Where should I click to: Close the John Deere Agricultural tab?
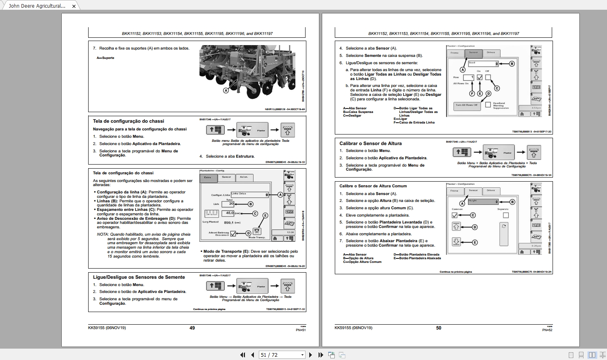point(74,6)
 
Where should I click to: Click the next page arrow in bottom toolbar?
point(311,355)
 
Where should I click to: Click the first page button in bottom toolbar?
point(243,355)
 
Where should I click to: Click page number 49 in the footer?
point(192,328)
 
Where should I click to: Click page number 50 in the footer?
point(438,328)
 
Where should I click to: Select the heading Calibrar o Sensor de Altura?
point(370,143)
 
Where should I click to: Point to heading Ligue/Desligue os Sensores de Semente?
point(139,277)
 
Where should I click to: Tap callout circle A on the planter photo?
point(226,91)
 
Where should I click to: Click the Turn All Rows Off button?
point(466,105)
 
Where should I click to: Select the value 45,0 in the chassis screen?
point(230,213)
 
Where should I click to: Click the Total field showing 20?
point(228,204)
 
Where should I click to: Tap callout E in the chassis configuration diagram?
point(265,215)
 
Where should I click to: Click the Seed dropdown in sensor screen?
point(483,63)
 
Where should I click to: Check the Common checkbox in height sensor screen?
point(455,215)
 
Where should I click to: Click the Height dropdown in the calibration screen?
point(483,202)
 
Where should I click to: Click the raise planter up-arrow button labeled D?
point(456,227)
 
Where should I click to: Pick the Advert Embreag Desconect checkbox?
point(233,234)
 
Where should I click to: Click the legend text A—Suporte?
point(105,58)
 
